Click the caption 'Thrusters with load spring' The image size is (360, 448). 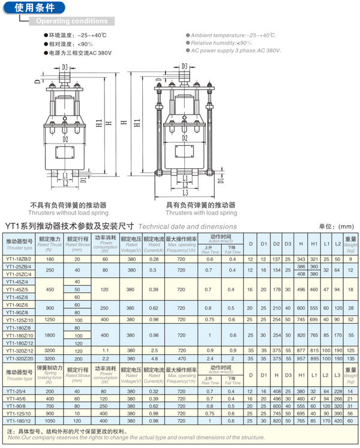pyautogui.click(x=201, y=213)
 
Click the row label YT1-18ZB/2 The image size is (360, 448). pyautogui.click(x=19, y=258)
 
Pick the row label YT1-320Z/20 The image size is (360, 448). pyautogui.click(x=19, y=358)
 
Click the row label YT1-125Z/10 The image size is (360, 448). pyautogui.click(x=19, y=319)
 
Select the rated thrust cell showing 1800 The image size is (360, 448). pyautogui.click(x=49, y=335)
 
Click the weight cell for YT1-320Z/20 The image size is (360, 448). pyautogui.click(x=351, y=358)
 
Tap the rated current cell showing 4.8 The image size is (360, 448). pyautogui.click(x=154, y=358)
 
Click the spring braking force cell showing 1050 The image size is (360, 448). pyautogui.click(x=49, y=420)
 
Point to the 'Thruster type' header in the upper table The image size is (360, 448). pyautogui.click(x=19, y=247)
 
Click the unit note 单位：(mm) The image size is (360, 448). pyautogui.click(x=337, y=226)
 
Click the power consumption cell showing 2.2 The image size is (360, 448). pyautogui.click(x=105, y=358)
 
